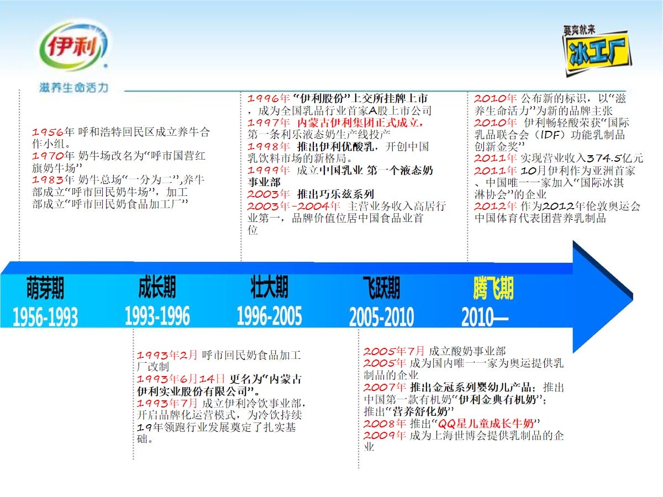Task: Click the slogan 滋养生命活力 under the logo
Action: [73, 88]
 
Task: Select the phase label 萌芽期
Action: [45, 288]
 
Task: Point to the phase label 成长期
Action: [157, 287]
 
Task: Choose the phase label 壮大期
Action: [269, 287]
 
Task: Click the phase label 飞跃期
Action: [381, 288]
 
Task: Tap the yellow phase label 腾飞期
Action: [493, 288]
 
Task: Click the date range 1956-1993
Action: [45, 317]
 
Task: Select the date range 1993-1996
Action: [157, 316]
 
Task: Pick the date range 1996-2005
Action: [269, 316]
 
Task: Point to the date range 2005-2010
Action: [381, 317]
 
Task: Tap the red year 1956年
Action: [53, 132]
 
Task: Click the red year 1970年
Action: [53, 156]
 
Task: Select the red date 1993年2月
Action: [167, 355]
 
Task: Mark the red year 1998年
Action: [269, 147]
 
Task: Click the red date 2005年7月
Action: [394, 351]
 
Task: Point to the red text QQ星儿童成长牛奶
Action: [486, 424]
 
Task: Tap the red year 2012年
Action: [495, 207]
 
